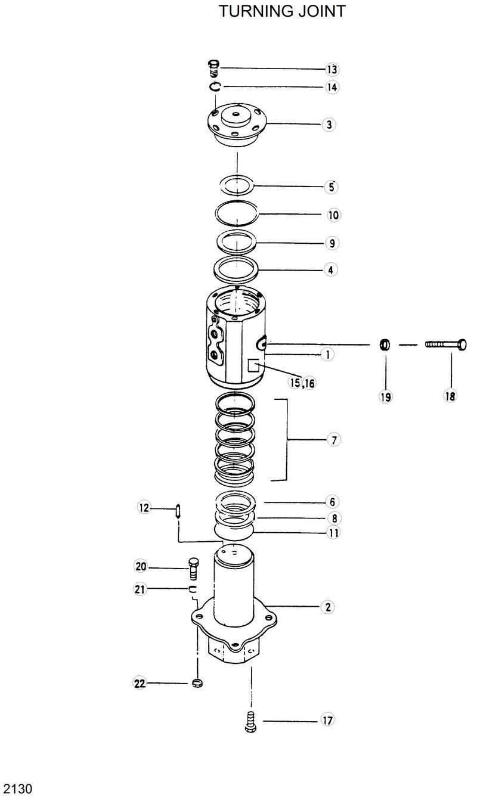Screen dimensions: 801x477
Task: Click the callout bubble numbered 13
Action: pos(332,69)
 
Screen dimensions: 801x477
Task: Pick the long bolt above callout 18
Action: pos(445,344)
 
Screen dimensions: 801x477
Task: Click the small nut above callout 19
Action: pos(385,344)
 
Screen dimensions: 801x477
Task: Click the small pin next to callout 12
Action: pos(178,511)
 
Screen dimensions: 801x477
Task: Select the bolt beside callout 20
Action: pos(193,569)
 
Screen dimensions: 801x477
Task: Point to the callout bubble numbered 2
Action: pos(327,607)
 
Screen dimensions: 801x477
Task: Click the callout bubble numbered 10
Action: pos(333,215)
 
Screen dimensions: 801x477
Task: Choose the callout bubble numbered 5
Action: pos(330,187)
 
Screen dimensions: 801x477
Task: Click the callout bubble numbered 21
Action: pos(140,589)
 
